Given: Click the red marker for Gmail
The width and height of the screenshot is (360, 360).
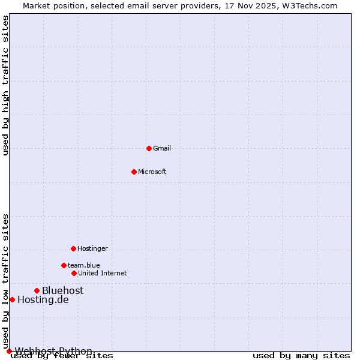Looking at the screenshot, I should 149,148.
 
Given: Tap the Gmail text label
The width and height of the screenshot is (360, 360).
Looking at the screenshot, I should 162,148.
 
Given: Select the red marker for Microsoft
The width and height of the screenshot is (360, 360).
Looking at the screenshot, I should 134,172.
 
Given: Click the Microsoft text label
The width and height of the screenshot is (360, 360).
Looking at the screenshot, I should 152,172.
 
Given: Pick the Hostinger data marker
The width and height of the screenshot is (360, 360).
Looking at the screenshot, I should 73,248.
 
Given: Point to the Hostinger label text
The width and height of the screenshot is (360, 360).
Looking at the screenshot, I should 92,248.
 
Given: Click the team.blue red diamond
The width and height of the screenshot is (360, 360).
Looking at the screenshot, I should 64,265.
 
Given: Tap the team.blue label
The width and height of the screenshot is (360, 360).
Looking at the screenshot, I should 83,265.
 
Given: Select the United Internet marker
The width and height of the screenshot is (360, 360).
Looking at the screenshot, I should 74,273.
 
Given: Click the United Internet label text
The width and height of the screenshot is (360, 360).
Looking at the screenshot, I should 102,273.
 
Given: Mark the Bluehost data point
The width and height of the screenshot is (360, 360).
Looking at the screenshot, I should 37,290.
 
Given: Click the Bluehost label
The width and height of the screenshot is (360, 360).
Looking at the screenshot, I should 62,290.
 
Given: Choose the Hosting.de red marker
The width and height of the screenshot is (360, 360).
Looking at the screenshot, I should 12,299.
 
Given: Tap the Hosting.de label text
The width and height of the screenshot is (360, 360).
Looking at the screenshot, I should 43,299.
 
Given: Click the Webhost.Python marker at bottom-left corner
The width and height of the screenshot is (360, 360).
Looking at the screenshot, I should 9,351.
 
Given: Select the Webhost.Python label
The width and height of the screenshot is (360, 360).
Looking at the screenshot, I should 53,351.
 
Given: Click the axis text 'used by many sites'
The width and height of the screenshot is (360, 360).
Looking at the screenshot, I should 301,356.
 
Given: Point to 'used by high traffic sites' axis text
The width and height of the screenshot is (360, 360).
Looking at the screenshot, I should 5,85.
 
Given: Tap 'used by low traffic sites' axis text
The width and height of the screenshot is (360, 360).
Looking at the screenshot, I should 5,281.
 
